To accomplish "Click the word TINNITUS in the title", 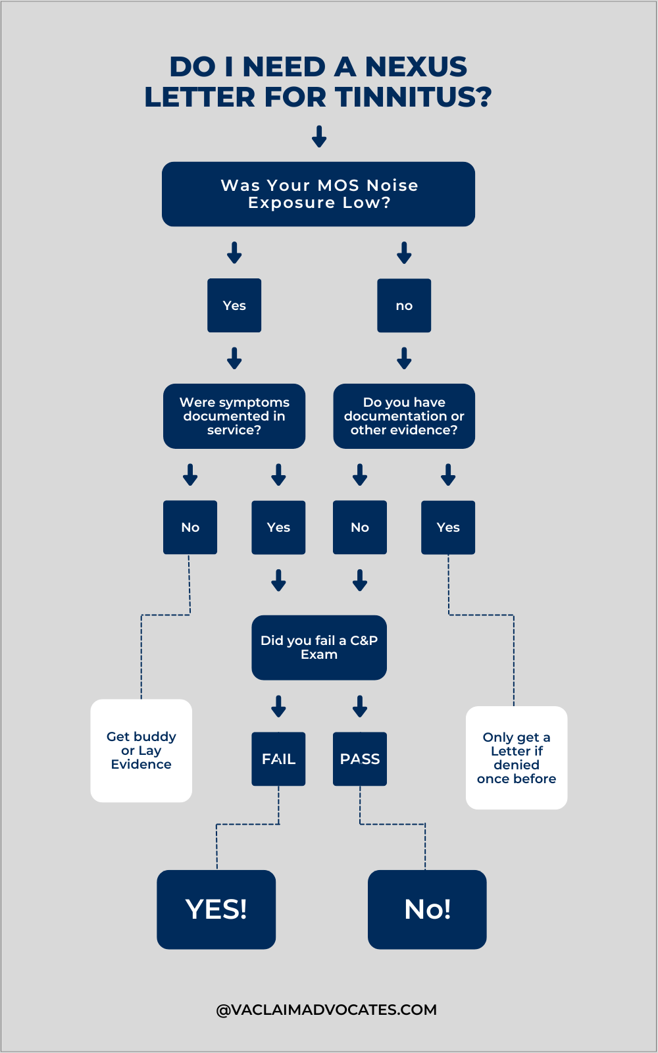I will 413,97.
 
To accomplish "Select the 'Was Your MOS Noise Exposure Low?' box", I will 318,194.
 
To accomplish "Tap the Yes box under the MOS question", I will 234,305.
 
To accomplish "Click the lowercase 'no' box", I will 404,305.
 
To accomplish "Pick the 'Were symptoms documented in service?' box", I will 234,416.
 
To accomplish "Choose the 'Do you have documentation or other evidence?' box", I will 404,416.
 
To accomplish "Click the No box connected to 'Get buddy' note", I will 190,527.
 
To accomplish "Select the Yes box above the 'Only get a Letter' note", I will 448,527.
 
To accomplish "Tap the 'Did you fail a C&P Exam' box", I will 319,648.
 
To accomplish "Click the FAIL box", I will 278,759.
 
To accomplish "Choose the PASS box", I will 360,759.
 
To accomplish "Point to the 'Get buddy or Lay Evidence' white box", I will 141,750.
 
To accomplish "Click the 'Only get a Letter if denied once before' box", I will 517,758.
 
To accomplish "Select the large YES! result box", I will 216,910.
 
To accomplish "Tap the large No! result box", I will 427,910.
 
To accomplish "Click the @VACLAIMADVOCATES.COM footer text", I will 326,1010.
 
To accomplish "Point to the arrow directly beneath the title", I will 319,136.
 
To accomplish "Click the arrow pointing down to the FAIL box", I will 278,706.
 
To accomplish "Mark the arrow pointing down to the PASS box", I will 360,706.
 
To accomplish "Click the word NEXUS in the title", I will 416,67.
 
